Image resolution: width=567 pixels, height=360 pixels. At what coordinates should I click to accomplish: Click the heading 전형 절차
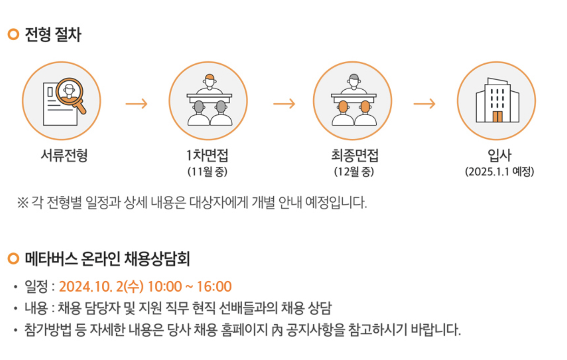tap(53, 35)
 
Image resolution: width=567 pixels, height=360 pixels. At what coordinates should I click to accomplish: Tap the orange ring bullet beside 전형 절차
tap(13, 34)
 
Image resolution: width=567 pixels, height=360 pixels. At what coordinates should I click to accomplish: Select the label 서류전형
tap(64, 155)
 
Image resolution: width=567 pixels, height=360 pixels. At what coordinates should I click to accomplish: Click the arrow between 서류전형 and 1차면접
tap(136, 104)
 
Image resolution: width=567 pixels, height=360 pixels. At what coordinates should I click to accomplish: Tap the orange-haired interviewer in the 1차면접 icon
tap(209, 81)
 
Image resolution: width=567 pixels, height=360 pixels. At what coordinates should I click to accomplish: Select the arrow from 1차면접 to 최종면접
tap(284, 104)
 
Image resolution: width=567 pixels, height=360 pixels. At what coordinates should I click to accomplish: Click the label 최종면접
tap(355, 155)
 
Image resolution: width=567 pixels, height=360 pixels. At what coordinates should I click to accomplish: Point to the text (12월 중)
tap(354, 172)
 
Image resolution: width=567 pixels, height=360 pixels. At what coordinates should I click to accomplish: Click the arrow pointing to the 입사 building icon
tap(424, 104)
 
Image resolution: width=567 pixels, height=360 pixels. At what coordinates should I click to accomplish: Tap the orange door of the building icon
tap(497, 117)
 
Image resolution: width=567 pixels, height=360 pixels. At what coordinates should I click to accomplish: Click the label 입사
tap(499, 155)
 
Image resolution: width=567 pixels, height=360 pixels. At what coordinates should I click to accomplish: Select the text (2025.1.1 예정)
tap(499, 172)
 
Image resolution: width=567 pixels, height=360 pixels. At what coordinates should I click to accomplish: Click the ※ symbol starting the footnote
tap(22, 203)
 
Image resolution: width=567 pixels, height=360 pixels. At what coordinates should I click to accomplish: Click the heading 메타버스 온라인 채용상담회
tap(107, 259)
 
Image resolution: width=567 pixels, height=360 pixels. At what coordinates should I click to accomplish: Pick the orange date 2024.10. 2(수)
tap(101, 286)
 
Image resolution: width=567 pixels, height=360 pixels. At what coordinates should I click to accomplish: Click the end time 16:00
tap(214, 286)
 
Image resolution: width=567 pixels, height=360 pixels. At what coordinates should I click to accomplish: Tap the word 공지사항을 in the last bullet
tap(315, 330)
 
